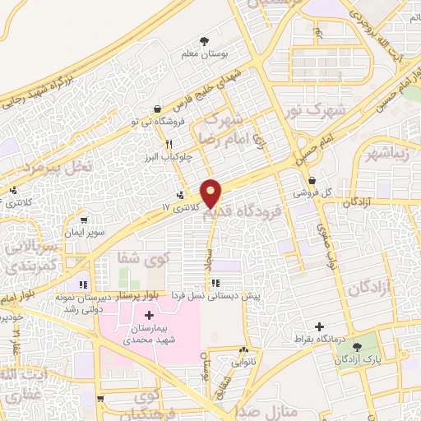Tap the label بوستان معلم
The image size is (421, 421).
coord(203,54)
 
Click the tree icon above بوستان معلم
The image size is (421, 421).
coord(204,40)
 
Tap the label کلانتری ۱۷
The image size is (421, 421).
coord(181,209)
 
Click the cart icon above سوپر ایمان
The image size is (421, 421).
coord(86,220)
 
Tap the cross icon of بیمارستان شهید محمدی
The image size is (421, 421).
coord(149,316)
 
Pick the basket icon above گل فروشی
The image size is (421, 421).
coord(312,181)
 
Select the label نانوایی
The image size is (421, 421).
coord(244,361)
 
